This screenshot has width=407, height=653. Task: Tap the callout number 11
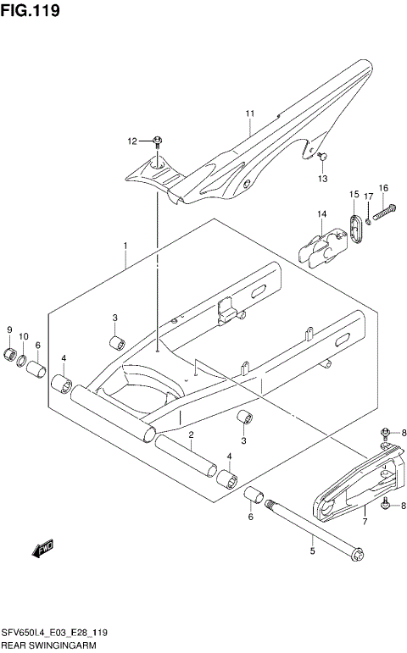[x=250, y=113]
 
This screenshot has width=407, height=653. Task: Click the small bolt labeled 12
[x=158, y=141]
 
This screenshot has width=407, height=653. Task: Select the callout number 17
[x=369, y=196]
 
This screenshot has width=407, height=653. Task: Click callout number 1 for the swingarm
[x=125, y=246]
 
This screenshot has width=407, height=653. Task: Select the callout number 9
[x=10, y=329]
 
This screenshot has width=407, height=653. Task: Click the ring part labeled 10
[x=24, y=363]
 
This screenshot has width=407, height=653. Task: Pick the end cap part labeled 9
[x=11, y=352]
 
